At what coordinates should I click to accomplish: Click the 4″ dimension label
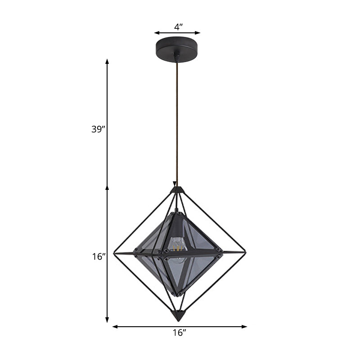(x=178, y=27)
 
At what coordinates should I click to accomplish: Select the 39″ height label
(x=97, y=129)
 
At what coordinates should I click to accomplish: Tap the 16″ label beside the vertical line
(x=97, y=256)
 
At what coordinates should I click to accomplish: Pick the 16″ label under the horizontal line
(x=179, y=333)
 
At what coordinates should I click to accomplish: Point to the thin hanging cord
(x=177, y=121)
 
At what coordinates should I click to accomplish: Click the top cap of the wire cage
(x=177, y=190)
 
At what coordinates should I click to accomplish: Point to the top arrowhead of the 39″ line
(x=107, y=61)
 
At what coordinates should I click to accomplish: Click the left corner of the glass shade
(x=135, y=248)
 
